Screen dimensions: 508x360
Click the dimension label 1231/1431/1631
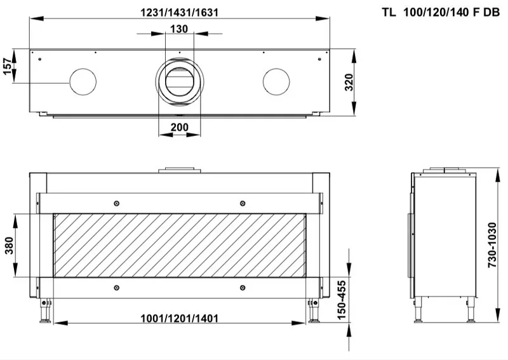179,12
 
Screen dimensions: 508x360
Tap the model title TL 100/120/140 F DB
441,12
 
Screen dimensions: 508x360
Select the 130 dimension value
179,29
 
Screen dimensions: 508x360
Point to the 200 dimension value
180,127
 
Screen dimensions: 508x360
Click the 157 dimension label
8,67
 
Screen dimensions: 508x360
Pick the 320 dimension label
349,83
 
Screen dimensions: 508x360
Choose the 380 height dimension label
10,245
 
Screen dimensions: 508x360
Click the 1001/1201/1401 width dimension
179,318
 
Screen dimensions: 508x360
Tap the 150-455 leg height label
342,300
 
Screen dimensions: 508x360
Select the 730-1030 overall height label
491,244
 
